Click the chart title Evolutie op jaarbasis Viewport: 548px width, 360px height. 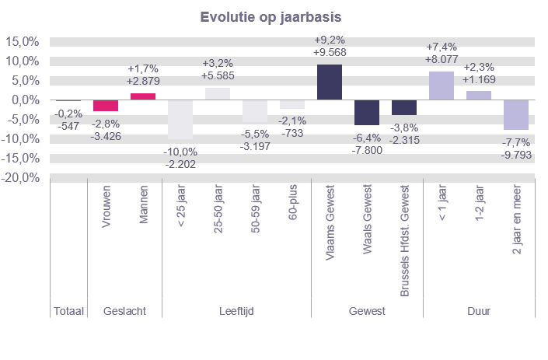tap(274, 17)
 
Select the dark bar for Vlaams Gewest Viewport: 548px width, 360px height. tap(330, 82)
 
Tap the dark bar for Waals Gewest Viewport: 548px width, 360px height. tap(367, 113)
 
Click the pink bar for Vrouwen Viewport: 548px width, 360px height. tap(106, 106)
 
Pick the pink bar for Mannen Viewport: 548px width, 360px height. tap(143, 96)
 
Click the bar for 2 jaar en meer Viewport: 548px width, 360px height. tap(516, 115)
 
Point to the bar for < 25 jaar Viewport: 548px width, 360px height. tap(180, 120)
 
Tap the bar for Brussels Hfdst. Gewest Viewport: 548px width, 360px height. tap(404, 107)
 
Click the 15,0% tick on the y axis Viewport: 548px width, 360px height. tap(23, 42)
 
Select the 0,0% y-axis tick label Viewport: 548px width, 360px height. tap(24, 100)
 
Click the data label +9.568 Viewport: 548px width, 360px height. tap(330, 53)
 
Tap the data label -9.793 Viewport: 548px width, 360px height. tap(516, 156)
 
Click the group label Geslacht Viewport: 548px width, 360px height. tap(124, 311)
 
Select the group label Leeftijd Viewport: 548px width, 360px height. tap(236, 311)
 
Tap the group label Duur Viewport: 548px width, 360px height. tap(479, 311)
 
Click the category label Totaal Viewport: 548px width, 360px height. tap(68, 311)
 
